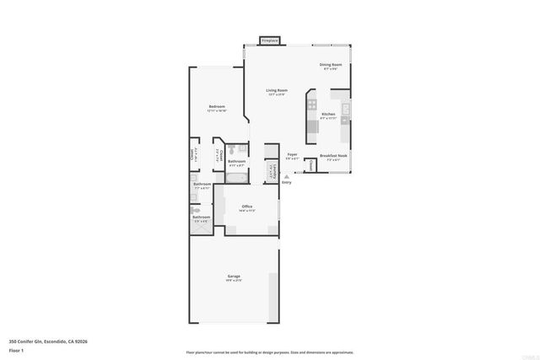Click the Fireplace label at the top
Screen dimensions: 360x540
tap(270, 40)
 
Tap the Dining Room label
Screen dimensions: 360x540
tap(330, 64)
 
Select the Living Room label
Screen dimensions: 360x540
tap(277, 90)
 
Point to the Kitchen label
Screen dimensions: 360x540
tap(328, 114)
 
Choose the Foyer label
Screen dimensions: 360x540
tap(292, 154)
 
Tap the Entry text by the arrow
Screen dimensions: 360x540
tap(286, 181)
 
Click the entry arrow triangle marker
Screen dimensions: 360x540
tap(286, 175)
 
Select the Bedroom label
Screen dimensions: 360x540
tap(217, 106)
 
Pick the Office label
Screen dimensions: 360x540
tap(247, 206)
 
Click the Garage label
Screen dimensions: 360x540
tap(234, 276)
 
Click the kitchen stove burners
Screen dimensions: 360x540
tap(312, 106)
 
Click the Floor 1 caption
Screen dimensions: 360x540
tap(16, 349)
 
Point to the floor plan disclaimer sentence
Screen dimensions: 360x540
tap(269, 352)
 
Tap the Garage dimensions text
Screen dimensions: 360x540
tap(234, 280)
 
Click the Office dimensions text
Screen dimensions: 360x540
tap(247, 210)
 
